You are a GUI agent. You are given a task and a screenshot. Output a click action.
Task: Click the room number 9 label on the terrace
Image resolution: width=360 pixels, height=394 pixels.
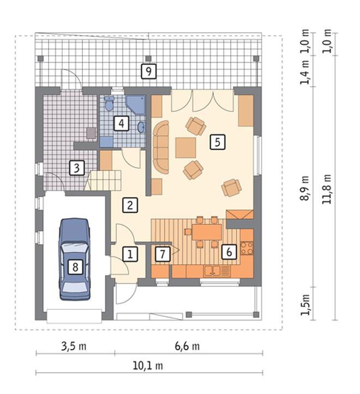coord(148,71)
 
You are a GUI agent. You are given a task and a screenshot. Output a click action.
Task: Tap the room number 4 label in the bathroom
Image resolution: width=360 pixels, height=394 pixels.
coord(121,123)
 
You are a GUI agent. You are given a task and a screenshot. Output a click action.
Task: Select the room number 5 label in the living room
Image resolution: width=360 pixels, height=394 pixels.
coord(218,142)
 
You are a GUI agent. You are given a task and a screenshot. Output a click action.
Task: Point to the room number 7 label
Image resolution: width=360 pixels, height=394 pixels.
coord(163,254)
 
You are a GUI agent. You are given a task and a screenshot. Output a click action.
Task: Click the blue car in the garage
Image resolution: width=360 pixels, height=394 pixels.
coord(75,259)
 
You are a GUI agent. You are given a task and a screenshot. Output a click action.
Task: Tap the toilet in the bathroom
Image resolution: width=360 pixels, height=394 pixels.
coord(109,103)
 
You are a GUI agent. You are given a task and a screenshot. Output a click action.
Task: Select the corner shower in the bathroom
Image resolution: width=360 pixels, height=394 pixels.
coord(136,105)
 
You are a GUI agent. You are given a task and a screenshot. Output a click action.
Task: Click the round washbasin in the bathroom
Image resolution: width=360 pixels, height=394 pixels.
coord(141,127)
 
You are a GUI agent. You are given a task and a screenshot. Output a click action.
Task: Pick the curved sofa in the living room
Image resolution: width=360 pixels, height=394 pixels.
coord(161,147)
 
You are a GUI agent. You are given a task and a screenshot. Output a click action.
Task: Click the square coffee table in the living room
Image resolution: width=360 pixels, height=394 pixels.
coord(185,147)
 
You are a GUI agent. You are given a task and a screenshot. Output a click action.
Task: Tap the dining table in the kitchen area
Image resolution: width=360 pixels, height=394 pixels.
coord(207,232)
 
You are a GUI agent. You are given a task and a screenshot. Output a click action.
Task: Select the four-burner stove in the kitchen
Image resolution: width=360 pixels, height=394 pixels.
coord(247,248)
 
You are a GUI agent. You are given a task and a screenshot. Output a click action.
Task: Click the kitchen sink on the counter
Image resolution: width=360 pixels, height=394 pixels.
coord(212,271)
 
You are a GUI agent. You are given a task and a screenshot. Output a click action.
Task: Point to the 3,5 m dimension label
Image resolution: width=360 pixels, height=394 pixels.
coord(74,347)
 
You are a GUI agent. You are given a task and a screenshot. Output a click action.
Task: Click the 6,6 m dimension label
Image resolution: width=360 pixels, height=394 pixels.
coord(188,347)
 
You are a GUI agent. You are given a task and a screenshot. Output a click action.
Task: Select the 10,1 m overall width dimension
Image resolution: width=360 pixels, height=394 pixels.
coord(148,366)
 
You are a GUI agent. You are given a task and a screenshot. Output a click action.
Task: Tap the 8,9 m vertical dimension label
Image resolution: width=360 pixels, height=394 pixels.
coord(304,188)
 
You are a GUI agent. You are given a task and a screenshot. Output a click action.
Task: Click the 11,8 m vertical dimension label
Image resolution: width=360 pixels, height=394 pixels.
coord(327,189)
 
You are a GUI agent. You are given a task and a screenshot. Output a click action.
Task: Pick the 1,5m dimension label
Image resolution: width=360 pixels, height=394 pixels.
coord(305,305)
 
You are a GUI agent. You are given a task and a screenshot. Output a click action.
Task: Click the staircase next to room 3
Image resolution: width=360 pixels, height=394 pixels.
coord(103,181)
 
